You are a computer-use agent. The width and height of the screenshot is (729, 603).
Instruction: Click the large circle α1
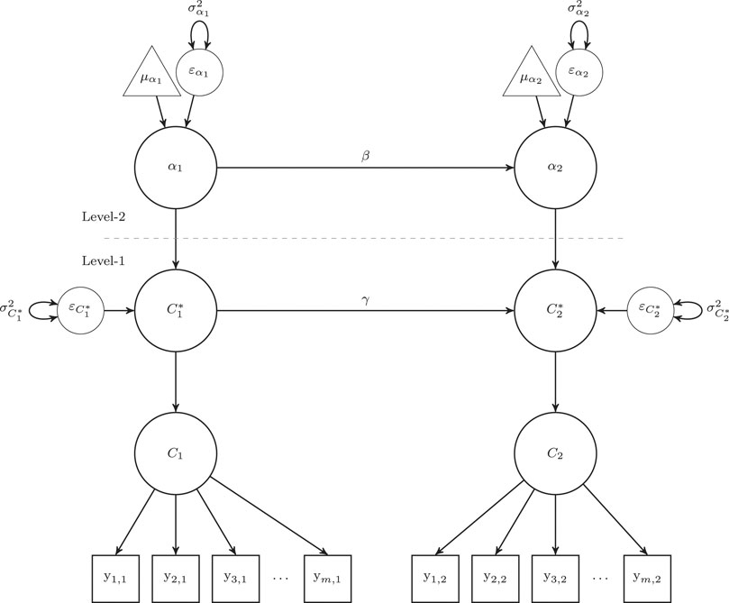175,168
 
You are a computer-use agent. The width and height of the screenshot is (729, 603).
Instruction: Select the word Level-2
103,217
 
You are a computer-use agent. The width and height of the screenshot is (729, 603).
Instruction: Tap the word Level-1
103,260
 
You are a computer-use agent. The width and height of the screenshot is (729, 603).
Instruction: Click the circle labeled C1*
175,311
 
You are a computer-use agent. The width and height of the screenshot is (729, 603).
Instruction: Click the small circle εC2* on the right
650,311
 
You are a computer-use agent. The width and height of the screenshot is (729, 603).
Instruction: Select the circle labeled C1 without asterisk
175,453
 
